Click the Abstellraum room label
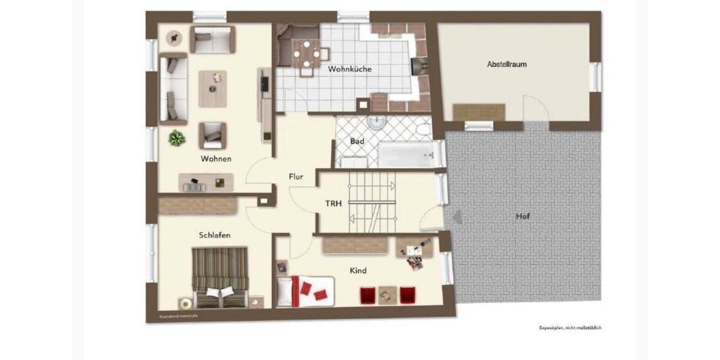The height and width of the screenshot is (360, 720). (x=507, y=64)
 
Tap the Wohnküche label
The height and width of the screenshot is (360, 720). (x=350, y=69)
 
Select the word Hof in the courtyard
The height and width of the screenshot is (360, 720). (x=523, y=216)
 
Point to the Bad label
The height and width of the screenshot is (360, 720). (x=358, y=142)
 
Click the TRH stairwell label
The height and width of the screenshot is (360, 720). (x=334, y=203)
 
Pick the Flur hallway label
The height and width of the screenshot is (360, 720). (x=295, y=177)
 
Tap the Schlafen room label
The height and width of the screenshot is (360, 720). (x=215, y=235)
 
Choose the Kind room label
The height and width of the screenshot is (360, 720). (x=358, y=271)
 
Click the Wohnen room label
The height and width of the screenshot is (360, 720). (x=216, y=159)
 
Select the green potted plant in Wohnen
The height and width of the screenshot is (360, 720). (x=177, y=139)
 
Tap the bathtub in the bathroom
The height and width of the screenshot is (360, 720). (x=405, y=155)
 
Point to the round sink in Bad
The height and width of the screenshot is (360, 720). (x=376, y=121)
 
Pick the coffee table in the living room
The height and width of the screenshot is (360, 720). (x=213, y=84)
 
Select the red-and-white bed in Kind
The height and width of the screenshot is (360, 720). (x=305, y=290)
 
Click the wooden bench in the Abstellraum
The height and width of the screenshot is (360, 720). (x=478, y=112)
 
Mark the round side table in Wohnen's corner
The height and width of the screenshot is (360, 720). (x=175, y=38)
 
